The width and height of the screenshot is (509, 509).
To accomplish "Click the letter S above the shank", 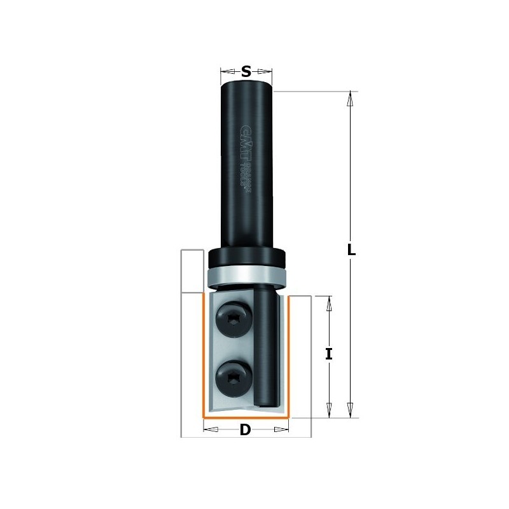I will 246,72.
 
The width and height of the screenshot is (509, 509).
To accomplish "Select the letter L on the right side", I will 351,250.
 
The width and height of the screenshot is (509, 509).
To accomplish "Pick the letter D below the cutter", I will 246,431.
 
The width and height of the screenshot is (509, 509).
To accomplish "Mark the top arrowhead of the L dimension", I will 349,99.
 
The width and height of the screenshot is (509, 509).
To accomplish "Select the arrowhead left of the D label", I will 211,430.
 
